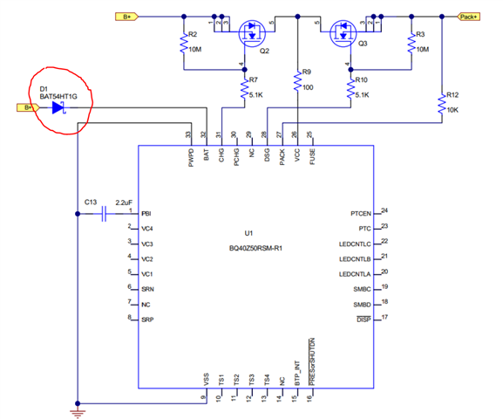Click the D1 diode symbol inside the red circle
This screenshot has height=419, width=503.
(x=58, y=107)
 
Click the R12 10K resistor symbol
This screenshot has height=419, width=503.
(x=442, y=105)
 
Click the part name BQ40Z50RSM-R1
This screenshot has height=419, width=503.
(x=255, y=248)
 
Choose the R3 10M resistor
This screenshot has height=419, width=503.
(x=409, y=45)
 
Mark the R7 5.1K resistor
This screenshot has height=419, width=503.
(x=243, y=88)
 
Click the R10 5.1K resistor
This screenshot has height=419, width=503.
(x=350, y=87)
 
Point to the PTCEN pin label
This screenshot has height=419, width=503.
(x=360, y=212)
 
